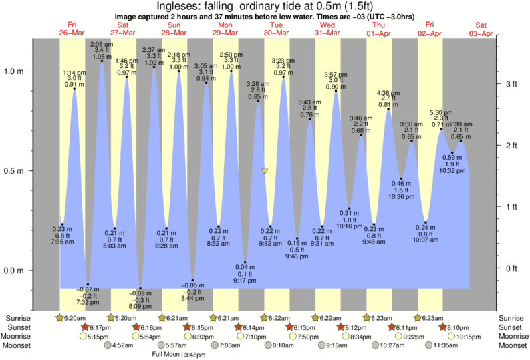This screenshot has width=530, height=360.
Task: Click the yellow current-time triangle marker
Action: tap(265, 172)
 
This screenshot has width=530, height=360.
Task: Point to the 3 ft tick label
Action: tap(511, 84)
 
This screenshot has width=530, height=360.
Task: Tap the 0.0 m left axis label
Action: tap(15, 271)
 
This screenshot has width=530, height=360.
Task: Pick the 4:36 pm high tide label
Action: tap(388, 92)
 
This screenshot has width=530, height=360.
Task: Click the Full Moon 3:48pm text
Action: tap(178, 354)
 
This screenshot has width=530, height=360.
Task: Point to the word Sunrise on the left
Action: tap(18, 318)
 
